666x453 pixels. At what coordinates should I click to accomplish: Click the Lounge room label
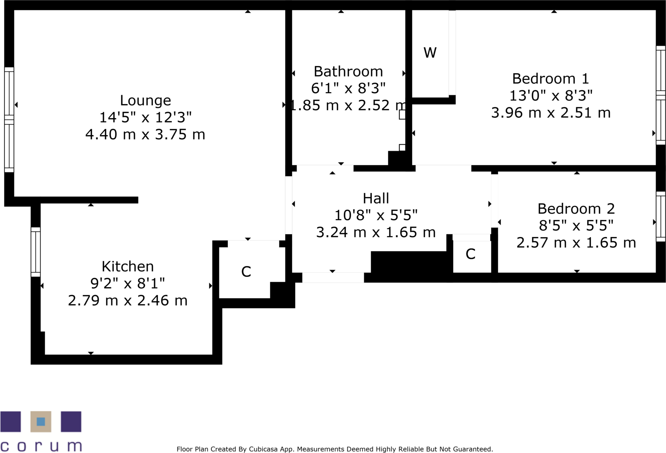click(x=145, y=100)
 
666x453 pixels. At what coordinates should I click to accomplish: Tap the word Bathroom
click(x=348, y=72)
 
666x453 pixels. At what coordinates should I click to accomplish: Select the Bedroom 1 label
click(x=550, y=79)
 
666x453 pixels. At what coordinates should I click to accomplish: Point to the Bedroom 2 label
click(x=576, y=209)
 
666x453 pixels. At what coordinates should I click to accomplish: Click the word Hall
click(x=376, y=199)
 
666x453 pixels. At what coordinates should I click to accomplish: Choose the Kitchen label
click(x=127, y=267)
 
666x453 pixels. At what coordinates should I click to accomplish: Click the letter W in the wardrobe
click(x=430, y=53)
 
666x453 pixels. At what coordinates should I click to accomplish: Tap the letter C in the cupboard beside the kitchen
click(x=246, y=272)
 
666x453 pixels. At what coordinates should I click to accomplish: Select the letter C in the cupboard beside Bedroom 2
click(x=470, y=254)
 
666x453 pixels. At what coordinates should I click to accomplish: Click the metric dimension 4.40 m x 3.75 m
click(x=145, y=134)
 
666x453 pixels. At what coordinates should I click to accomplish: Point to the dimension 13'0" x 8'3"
click(x=550, y=96)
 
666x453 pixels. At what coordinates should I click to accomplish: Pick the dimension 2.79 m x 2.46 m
click(x=127, y=301)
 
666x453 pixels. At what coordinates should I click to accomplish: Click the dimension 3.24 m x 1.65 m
click(x=376, y=232)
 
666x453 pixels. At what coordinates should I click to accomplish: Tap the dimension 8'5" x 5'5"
click(x=576, y=226)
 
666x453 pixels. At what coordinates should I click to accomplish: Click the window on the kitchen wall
click(x=35, y=252)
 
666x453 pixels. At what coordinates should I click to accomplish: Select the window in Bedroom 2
click(x=661, y=217)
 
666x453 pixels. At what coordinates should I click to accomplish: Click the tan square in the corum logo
click(x=41, y=422)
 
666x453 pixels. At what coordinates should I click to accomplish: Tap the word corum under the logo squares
click(x=41, y=446)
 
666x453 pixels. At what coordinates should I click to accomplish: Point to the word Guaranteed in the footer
click(x=473, y=449)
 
